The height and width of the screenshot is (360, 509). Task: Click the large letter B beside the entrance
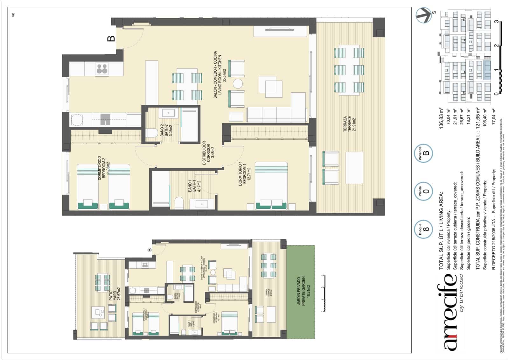point(111,39)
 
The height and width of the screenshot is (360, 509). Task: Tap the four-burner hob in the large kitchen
point(102,69)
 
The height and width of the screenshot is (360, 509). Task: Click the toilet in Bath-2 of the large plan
point(152,133)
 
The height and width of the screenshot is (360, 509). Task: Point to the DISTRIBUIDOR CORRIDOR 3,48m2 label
point(209,153)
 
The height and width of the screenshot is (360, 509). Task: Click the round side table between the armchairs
point(238,84)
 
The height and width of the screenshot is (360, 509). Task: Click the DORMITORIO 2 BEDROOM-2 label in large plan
point(104,168)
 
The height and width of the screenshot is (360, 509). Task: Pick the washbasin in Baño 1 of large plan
point(202,204)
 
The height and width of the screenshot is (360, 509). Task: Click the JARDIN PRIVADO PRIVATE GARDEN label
point(301,291)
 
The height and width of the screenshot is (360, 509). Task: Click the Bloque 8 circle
point(424,229)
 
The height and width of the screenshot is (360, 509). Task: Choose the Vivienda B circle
point(424,153)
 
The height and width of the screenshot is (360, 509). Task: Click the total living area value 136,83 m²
point(441,118)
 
